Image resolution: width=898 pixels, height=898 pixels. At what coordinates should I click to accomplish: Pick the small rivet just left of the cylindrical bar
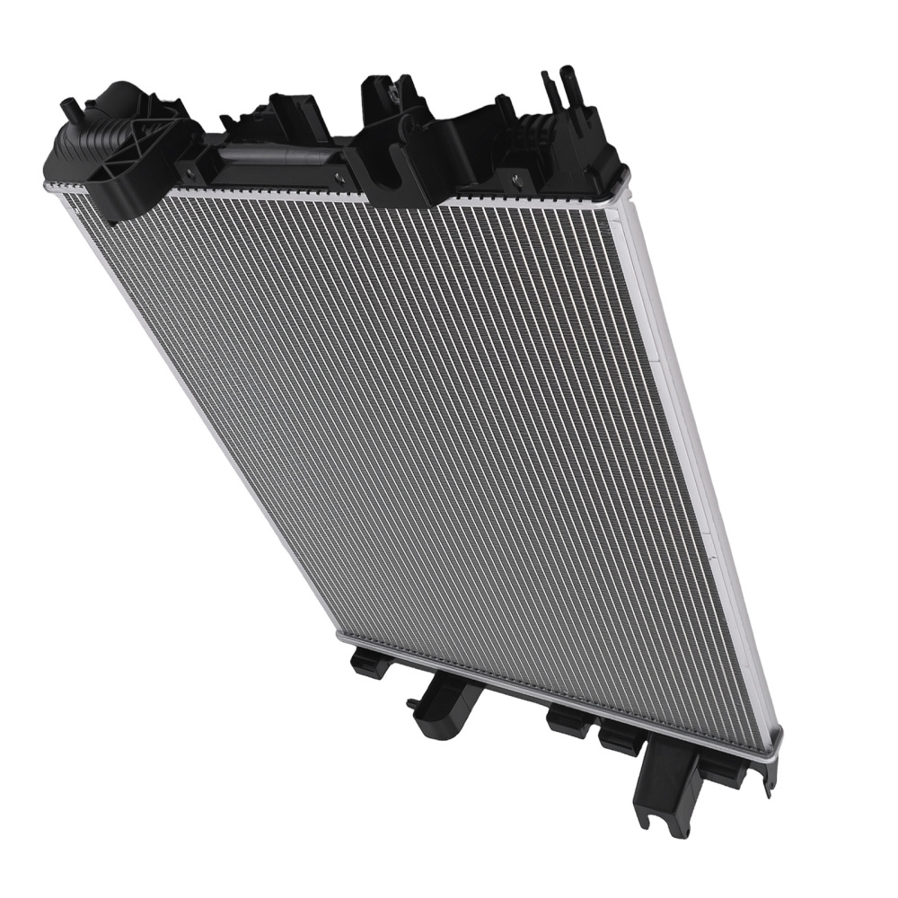[x=190, y=169]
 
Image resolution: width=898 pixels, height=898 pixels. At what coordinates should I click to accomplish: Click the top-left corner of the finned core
[x=67, y=193]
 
